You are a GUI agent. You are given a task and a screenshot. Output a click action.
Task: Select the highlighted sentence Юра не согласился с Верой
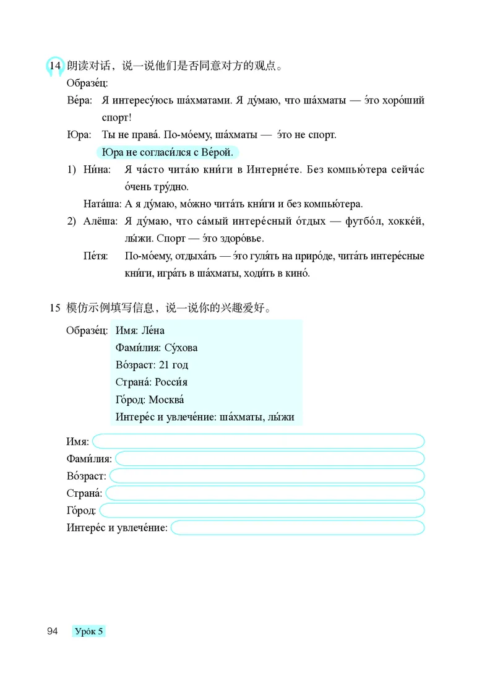(x=168, y=152)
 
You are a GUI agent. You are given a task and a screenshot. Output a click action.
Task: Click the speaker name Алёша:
(x=101, y=221)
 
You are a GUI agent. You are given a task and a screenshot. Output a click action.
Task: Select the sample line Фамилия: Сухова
(x=157, y=348)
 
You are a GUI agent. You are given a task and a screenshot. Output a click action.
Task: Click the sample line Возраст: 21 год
(x=152, y=365)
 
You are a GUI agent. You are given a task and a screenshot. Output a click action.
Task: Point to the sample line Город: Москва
(x=150, y=400)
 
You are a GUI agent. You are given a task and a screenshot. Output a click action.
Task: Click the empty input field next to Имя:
(x=258, y=441)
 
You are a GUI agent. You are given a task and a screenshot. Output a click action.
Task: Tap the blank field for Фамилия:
(x=270, y=458)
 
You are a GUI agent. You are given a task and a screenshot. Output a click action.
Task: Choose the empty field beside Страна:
(x=265, y=493)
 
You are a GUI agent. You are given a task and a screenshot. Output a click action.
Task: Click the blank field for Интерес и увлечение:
(x=298, y=528)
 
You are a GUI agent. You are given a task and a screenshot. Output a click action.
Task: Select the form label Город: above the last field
(x=81, y=510)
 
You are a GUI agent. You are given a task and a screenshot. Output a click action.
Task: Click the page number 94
(x=52, y=631)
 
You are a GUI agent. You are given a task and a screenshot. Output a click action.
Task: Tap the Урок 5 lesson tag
(x=89, y=631)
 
